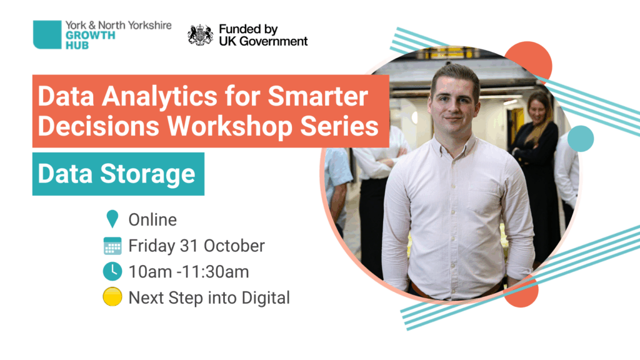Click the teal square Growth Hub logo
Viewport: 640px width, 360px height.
47,35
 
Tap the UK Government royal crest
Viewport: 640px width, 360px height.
200,35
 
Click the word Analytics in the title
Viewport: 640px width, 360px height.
159,97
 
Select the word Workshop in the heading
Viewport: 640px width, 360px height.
230,126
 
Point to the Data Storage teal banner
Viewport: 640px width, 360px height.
118,174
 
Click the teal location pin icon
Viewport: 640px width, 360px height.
112,219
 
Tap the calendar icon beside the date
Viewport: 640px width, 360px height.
112,246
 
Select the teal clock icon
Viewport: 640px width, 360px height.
112,271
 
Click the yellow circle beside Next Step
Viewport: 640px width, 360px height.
112,297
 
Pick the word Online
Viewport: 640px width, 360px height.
152,219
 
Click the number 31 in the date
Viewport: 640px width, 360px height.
189,246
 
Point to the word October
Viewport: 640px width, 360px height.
234,246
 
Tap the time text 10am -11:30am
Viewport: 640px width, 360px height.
189,272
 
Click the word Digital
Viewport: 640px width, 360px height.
266,298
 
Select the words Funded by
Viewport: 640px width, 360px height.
248,29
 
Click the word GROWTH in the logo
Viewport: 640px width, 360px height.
90,36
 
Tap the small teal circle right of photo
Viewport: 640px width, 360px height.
581,139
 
